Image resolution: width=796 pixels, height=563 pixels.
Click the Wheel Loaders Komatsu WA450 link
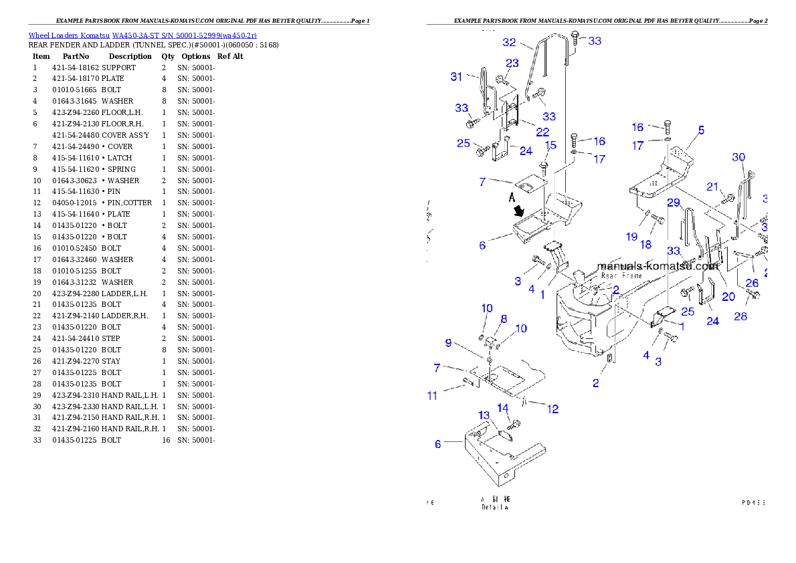[x=142, y=35]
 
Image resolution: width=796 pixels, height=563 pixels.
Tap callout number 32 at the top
[x=509, y=42]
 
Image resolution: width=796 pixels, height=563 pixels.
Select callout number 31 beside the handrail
[x=456, y=77]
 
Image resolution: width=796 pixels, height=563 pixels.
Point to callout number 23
[x=512, y=64]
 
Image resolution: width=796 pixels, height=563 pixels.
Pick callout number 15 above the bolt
[x=551, y=145]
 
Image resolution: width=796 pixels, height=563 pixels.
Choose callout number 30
[x=738, y=157]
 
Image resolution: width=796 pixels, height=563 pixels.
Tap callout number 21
[x=712, y=187]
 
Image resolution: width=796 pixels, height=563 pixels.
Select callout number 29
[x=673, y=203]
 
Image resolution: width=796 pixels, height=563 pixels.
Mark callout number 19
[x=631, y=237]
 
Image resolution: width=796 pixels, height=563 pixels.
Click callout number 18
[x=646, y=245]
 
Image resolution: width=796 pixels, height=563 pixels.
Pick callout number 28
[x=740, y=316]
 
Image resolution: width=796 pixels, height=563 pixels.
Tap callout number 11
[x=432, y=395]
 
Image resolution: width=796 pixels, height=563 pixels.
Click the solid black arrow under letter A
[x=518, y=211]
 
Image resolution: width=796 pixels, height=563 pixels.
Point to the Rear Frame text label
[x=621, y=275]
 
